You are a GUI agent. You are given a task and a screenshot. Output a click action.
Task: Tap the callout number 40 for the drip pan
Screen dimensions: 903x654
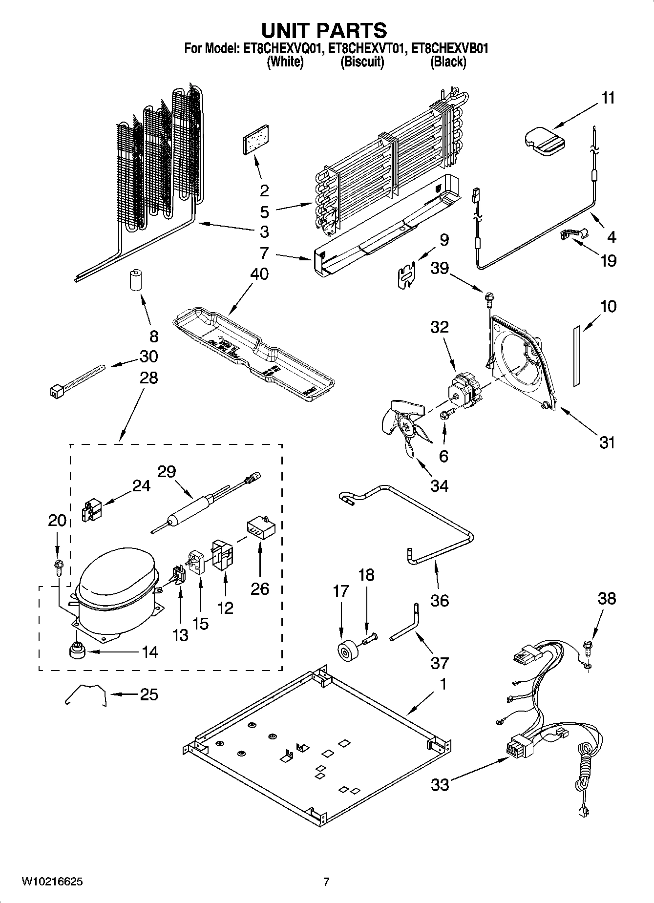pyautogui.click(x=259, y=274)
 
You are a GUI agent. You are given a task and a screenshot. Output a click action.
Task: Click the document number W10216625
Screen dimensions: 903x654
pyautogui.click(x=52, y=882)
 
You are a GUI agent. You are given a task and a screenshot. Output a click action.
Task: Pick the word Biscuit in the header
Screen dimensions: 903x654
pyautogui.click(x=362, y=62)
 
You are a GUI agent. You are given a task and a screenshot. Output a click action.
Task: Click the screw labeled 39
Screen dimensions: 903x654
pyautogui.click(x=488, y=296)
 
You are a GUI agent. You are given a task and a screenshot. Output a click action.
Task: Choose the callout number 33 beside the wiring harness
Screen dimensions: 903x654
pyautogui.click(x=440, y=785)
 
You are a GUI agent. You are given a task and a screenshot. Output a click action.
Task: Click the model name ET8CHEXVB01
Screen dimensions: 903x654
pyautogui.click(x=449, y=49)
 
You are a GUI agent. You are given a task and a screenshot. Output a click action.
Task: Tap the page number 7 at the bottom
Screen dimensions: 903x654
pyautogui.click(x=326, y=882)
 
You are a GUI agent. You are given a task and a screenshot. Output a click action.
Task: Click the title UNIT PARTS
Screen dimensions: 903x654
pyautogui.click(x=324, y=30)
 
